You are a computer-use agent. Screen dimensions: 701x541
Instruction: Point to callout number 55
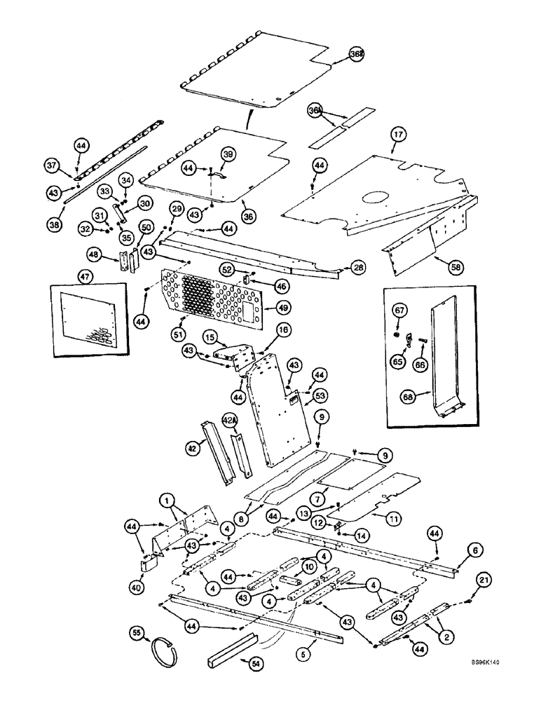click(x=137, y=634)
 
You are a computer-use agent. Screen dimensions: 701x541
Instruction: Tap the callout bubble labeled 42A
click(x=229, y=420)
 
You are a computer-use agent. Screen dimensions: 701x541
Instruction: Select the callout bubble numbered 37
click(x=50, y=165)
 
